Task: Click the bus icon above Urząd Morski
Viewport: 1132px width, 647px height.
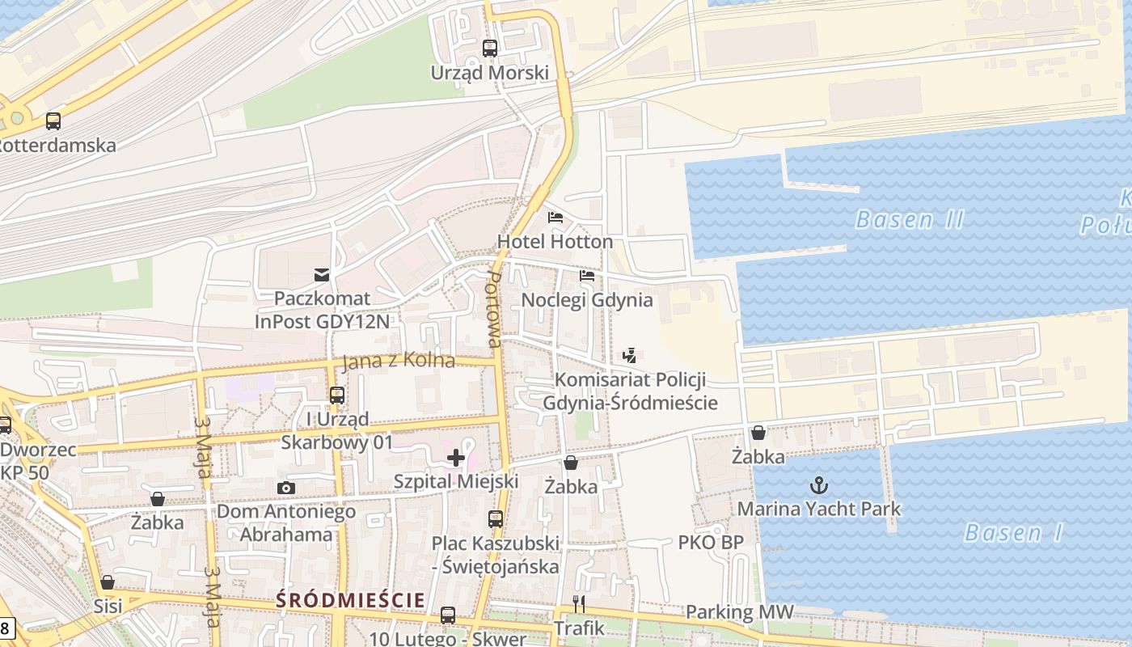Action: coord(490,48)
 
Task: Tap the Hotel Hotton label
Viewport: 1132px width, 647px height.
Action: coord(555,242)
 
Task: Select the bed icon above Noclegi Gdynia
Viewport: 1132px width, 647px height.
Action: coord(587,276)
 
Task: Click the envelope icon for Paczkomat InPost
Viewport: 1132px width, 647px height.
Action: coord(323,275)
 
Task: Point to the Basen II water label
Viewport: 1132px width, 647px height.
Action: coord(910,219)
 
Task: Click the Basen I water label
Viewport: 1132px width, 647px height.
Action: coord(1014,532)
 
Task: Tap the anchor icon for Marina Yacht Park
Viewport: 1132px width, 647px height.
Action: coord(819,485)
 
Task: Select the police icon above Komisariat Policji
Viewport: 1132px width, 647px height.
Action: coord(630,355)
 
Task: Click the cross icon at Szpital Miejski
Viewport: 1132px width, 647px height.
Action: coord(456,458)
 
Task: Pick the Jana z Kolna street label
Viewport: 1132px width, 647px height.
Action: coord(399,362)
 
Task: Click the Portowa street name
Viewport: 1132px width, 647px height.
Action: coord(494,310)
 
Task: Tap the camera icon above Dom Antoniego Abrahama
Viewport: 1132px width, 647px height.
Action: coord(285,488)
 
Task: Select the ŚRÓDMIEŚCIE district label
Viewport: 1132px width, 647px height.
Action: coord(350,600)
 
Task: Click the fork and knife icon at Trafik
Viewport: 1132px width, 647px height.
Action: coord(579,604)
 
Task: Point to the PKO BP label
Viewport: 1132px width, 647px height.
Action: coord(710,542)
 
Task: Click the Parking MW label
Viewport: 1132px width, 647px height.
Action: coord(740,612)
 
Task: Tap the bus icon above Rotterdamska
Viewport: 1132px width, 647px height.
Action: coord(53,121)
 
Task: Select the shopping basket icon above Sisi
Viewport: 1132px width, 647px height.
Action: coord(108,582)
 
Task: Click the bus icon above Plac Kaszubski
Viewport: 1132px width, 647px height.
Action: coord(496,519)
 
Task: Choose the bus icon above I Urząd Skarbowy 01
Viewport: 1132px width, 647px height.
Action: coord(337,395)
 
